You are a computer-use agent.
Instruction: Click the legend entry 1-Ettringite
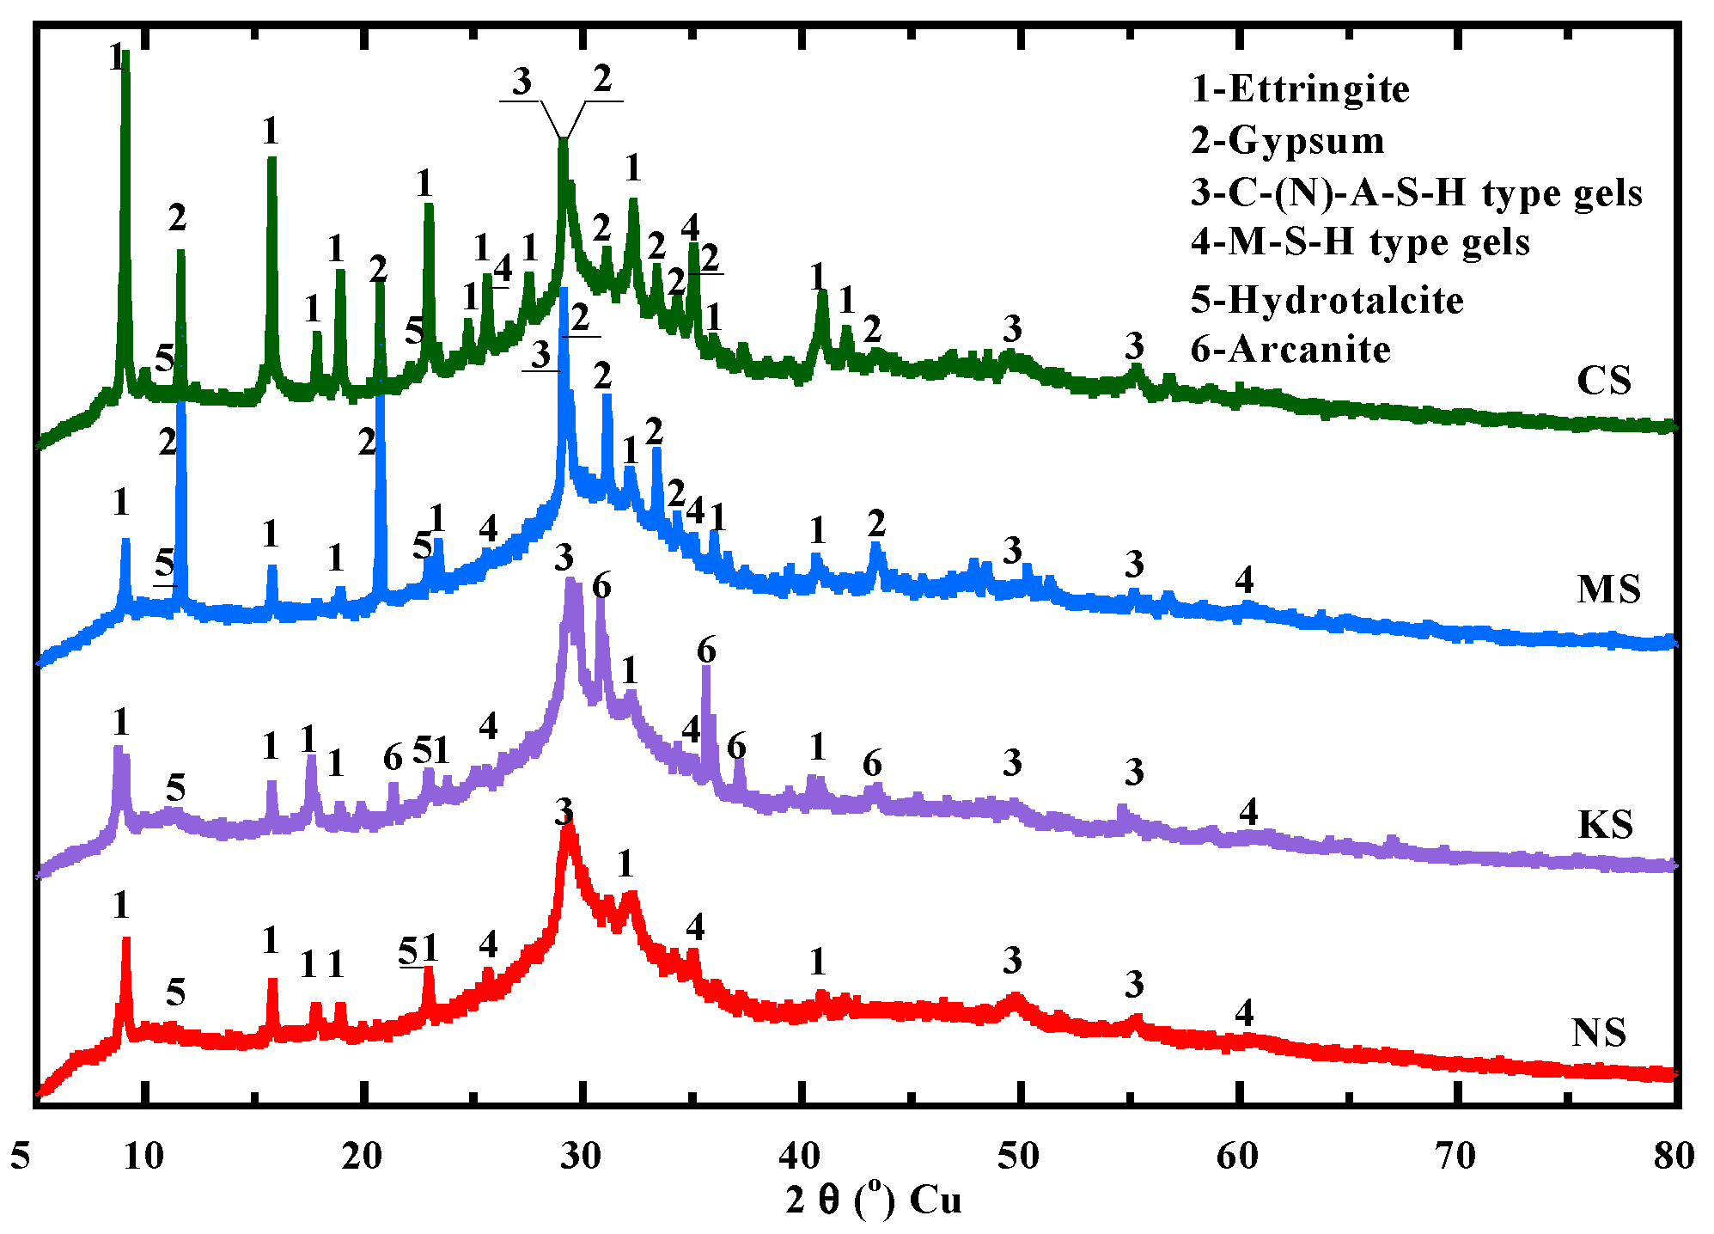(1300, 89)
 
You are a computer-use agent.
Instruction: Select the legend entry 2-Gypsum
(1287, 141)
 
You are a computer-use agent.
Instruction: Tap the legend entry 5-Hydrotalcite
(1327, 300)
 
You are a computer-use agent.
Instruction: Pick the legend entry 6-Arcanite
(1290, 350)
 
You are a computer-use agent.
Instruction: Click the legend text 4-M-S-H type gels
(1360, 242)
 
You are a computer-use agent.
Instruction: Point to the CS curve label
(1603, 381)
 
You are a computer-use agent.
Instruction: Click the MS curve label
(1608, 590)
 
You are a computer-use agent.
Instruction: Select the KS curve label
(1605, 825)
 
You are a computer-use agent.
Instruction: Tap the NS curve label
(1599, 1032)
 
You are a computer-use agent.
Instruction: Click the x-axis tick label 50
(1018, 1156)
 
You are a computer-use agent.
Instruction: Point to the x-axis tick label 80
(1674, 1156)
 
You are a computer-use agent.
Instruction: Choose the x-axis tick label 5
(21, 1156)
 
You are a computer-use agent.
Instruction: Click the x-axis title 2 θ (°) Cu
(873, 1200)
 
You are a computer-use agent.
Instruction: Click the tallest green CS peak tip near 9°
(125, 53)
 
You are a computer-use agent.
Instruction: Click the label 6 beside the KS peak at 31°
(601, 586)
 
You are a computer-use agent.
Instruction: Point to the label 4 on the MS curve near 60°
(1244, 580)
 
